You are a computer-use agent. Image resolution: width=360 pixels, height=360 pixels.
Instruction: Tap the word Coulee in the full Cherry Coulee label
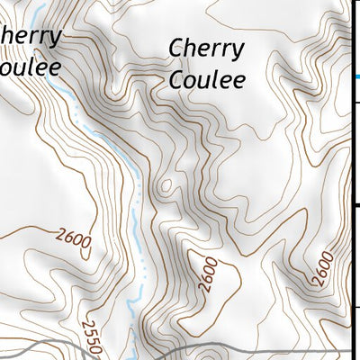pos(207,79)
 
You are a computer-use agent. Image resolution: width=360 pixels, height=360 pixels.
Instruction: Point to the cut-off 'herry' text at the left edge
pos(31,37)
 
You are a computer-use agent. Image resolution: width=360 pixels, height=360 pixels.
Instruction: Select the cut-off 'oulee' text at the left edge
pos(32,66)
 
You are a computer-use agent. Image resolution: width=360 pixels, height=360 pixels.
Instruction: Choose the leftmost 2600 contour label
pos(73,238)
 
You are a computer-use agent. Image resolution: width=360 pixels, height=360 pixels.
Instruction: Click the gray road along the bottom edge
pos(225,347)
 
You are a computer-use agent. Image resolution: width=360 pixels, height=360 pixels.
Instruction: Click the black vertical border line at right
pos(350,180)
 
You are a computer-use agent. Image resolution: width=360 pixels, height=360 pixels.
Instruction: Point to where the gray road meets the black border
pos(350,346)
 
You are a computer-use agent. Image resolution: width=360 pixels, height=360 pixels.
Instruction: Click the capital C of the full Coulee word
pos(178,79)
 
